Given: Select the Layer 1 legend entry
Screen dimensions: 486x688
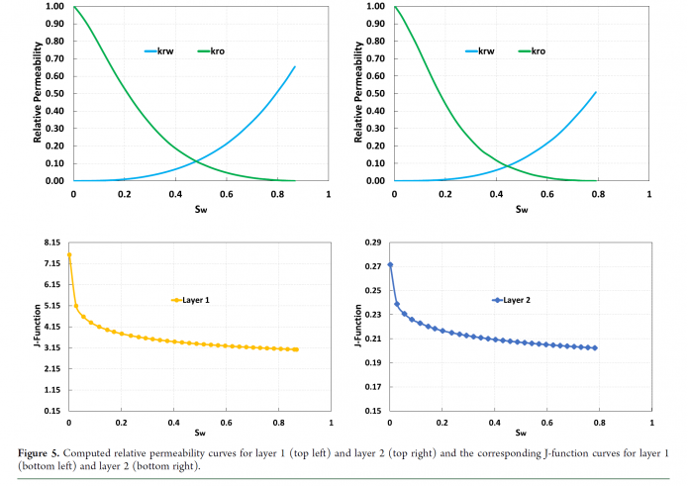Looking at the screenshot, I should [x=192, y=299].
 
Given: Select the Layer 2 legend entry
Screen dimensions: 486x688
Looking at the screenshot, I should [x=512, y=299].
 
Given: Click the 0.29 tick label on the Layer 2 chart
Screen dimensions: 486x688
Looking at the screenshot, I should [x=371, y=243].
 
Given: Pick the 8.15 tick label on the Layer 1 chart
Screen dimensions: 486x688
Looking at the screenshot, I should [x=51, y=243].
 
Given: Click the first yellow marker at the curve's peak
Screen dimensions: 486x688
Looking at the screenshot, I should [x=69, y=255].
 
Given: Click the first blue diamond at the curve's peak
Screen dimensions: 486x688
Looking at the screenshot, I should [x=390, y=264].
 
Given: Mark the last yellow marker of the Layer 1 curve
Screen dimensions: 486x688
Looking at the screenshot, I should [x=295, y=349].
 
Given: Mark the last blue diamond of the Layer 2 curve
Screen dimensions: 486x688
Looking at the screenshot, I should [x=595, y=347].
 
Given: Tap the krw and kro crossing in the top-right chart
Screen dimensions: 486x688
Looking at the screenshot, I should [x=504, y=164].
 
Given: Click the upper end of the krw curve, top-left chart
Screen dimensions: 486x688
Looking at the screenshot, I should [x=295, y=66].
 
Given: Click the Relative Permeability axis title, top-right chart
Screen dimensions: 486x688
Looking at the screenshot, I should [x=356, y=94].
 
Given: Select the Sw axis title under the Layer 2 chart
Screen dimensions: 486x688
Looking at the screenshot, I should [x=521, y=433].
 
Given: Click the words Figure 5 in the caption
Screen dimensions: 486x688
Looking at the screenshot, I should [x=38, y=453].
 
